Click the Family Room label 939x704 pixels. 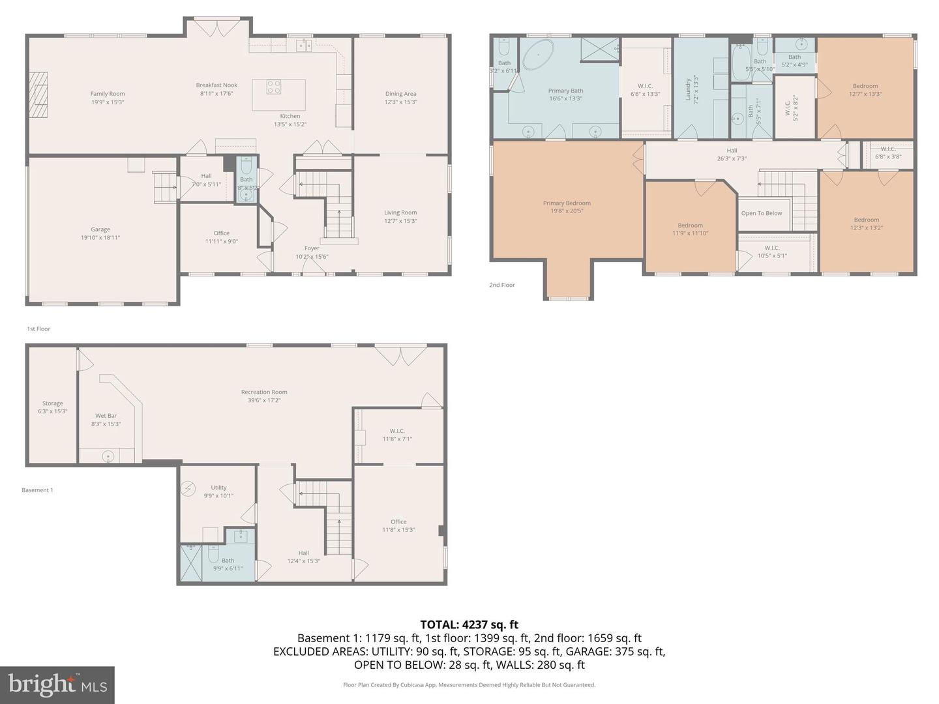pyautogui.click(x=108, y=94)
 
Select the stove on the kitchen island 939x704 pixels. pyautogui.click(x=274, y=87)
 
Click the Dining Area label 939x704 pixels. pyautogui.click(x=400, y=94)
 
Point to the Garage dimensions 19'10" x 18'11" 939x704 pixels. pyautogui.click(x=100, y=238)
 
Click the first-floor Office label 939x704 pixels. pyautogui.click(x=221, y=233)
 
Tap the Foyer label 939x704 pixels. pyautogui.click(x=312, y=248)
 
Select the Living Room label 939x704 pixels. pyautogui.click(x=400, y=213)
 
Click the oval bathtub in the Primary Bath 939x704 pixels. pyautogui.click(x=539, y=55)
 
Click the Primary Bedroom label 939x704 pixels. pyautogui.click(x=567, y=203)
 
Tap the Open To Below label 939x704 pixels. pyautogui.click(x=761, y=213)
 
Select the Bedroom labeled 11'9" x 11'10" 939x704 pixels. pyautogui.click(x=690, y=229)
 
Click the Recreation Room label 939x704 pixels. pyautogui.click(x=264, y=392)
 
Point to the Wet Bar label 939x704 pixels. pyautogui.click(x=106, y=416)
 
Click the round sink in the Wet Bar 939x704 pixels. pyautogui.click(x=108, y=456)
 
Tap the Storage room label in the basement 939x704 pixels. pyautogui.click(x=53, y=403)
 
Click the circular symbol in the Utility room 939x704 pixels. pyautogui.click(x=188, y=488)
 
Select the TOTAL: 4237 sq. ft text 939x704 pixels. pyautogui.click(x=469, y=624)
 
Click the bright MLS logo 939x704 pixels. pyautogui.click(x=57, y=684)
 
